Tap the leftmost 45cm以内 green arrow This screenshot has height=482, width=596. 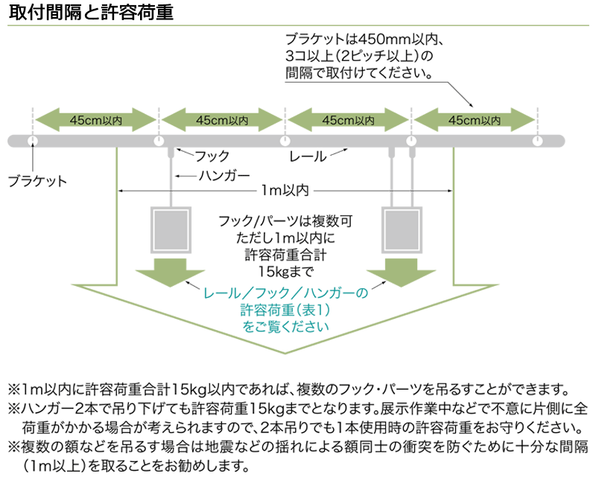(95, 118)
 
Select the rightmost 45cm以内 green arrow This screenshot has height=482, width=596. (475, 118)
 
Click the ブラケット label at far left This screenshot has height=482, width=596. (37, 180)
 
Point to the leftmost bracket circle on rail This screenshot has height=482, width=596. (32, 141)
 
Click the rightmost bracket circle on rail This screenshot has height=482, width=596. (538, 141)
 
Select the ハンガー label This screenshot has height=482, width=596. (223, 176)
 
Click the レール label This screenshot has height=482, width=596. (308, 156)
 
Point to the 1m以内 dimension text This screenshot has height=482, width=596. (284, 191)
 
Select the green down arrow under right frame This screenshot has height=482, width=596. (402, 273)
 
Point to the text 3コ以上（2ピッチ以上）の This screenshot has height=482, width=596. (358, 56)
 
